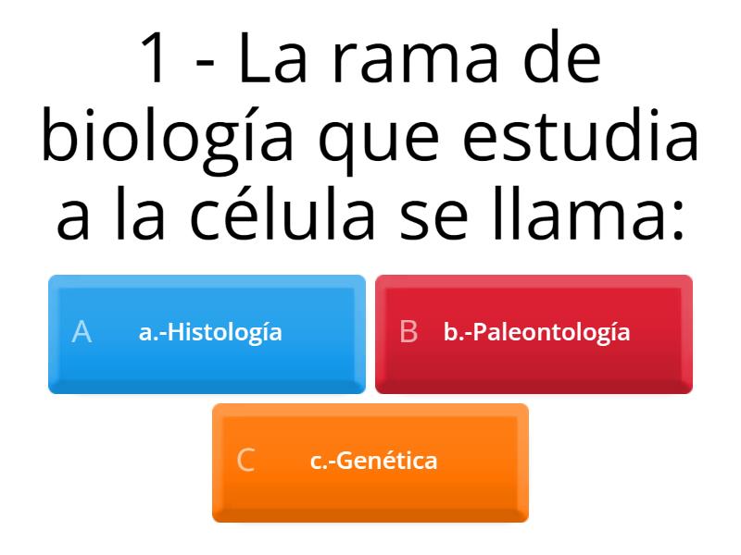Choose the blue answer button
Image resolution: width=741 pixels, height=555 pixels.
tap(207, 334)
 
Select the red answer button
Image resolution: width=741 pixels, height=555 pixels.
tap(534, 334)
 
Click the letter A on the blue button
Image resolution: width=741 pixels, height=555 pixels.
tap(82, 332)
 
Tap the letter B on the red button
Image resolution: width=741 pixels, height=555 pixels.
tap(408, 332)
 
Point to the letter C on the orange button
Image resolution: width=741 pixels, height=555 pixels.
tap(245, 461)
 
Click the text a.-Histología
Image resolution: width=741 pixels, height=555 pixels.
tap(210, 332)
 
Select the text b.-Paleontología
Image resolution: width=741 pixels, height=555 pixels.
tap(536, 332)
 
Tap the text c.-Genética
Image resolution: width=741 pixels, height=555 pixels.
tap(373, 461)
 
